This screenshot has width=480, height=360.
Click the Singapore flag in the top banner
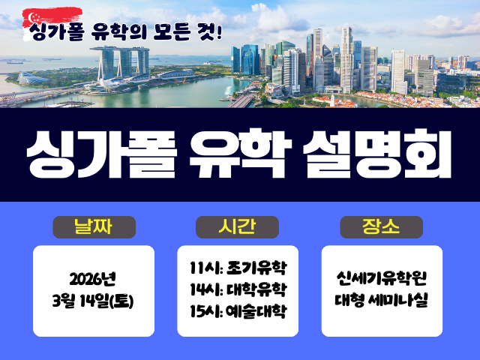coord(52,23)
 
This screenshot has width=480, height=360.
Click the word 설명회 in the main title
coord(376,154)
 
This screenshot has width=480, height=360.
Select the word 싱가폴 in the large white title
coord(102,154)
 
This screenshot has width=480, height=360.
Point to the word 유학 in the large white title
coord(241,154)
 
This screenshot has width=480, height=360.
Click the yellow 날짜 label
coord(93,226)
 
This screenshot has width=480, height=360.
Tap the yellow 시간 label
coord(237,226)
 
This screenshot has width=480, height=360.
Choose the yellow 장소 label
coord(381,226)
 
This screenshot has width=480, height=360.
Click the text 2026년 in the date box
coord(93,279)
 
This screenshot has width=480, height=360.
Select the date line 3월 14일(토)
coord(93,301)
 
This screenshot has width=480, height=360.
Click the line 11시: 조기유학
coord(238,268)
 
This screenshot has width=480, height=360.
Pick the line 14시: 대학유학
coord(238,289)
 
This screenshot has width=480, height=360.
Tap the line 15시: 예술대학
coord(238,311)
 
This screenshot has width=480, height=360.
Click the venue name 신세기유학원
coord(382,278)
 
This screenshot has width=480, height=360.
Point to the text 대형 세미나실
coord(382,300)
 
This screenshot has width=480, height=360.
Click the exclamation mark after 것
coord(218,32)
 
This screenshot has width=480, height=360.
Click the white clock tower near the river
coord(332,100)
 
